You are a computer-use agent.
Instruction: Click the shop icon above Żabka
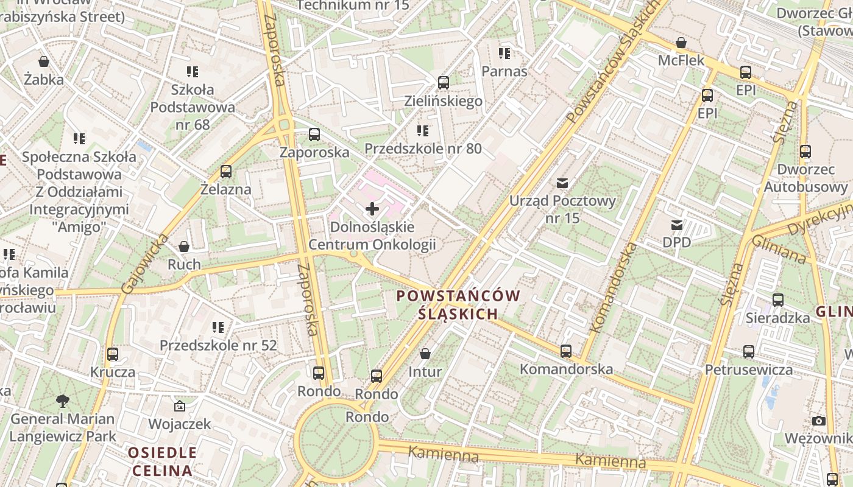[43, 61]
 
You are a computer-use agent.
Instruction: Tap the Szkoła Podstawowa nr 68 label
[193, 107]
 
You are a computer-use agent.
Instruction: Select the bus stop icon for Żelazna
[226, 172]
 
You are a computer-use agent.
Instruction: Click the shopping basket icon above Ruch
[184, 247]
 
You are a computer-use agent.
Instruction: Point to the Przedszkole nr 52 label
[218, 345]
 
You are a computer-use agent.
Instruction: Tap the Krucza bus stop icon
[113, 354]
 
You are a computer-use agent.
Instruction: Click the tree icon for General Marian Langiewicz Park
[62, 401]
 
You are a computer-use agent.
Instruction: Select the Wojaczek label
[180, 424]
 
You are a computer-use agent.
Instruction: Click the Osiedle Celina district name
[162, 461]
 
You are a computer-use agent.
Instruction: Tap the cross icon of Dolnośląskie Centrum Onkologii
[372, 209]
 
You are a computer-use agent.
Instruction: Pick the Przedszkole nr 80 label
[423, 149]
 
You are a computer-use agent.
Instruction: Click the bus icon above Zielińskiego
[444, 83]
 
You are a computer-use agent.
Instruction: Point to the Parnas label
[504, 71]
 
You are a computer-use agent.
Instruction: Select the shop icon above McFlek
[681, 43]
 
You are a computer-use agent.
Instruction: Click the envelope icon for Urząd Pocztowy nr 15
[562, 183]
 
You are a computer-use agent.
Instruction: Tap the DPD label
[676, 242]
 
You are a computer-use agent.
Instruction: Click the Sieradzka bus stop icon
[778, 300]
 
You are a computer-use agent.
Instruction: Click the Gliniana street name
[779, 248]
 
